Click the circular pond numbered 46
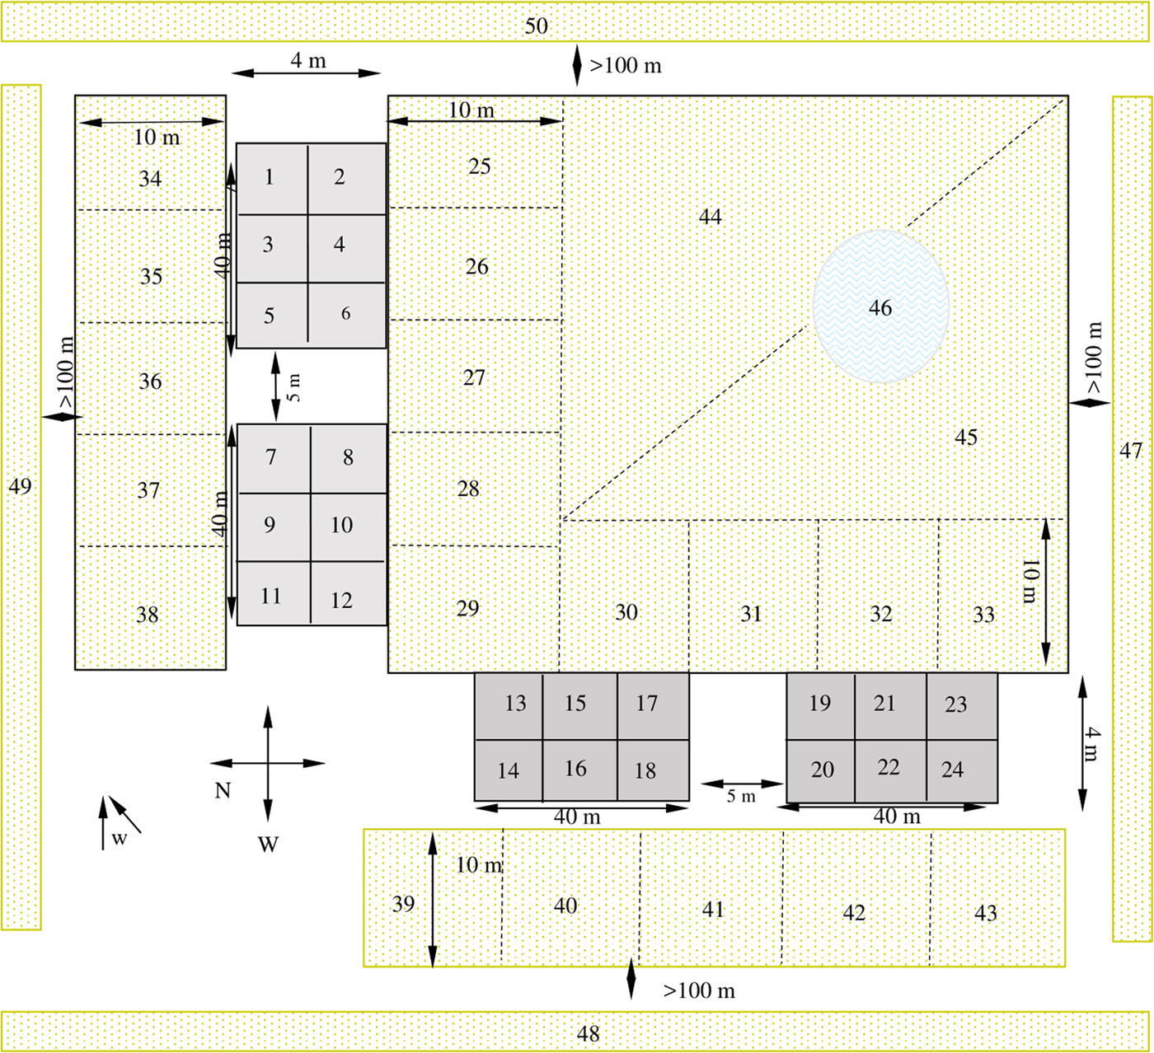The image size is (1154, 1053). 880,307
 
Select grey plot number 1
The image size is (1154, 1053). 271,178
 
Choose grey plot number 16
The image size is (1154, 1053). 576,769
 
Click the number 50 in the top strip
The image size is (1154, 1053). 537,26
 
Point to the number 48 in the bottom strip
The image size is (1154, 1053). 588,1033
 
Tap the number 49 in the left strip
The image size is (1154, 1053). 20,486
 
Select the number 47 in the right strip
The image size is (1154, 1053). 1131,450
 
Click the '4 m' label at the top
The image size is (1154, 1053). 307,60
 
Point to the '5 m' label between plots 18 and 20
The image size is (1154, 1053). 741,797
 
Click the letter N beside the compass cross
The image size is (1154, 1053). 223,791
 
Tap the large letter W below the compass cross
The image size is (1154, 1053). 268,845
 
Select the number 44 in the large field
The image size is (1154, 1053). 710,217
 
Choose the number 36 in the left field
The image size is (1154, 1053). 150,381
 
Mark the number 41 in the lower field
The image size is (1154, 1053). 713,909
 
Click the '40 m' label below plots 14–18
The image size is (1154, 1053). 577,817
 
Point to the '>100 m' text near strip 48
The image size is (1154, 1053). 699,990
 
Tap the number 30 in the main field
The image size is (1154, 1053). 626,612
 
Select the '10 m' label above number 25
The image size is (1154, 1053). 471,110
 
